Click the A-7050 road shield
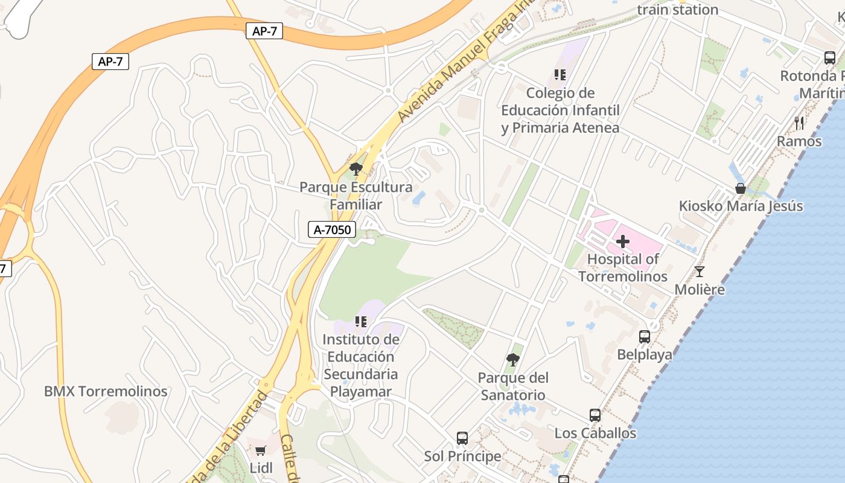pos(332,229)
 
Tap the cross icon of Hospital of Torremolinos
pos(623,242)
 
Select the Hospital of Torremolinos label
pos(623,268)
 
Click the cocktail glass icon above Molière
pos(700,272)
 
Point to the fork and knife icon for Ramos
pos(799,123)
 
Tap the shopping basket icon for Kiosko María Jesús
pos(741,188)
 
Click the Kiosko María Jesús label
pos(741,206)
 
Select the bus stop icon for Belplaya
pos(645,337)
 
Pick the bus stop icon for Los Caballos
pos(595,415)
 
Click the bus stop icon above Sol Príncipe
pos(462,438)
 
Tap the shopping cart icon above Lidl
pos(261,450)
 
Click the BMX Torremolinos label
pos(106,391)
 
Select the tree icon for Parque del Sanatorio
pos(513,360)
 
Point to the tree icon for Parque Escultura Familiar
pos(356,169)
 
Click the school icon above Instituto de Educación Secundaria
pos(361,322)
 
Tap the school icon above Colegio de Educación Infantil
pos(560,75)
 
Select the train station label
pos(677,10)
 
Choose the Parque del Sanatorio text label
pos(513,386)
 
